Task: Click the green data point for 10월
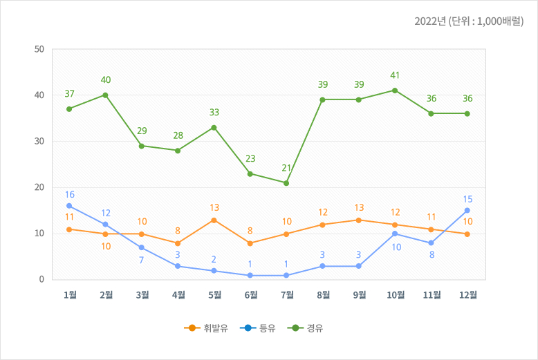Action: pos(395,91)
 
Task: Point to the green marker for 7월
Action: pos(286,183)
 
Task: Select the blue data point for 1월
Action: pos(69,206)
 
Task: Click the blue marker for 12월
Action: pos(467,211)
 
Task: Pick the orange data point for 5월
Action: pos(214,220)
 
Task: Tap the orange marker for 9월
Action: pos(359,220)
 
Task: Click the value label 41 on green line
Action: pos(395,75)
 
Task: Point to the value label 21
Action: pos(286,168)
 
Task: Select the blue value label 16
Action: pos(69,195)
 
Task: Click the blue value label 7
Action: pos(142,260)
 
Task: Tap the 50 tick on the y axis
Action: pos(39,50)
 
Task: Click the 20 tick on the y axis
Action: pos(39,187)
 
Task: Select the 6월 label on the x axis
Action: pos(250,295)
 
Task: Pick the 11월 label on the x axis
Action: pos(432,295)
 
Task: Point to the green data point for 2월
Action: pos(105,95)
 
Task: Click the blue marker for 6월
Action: pos(250,275)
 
